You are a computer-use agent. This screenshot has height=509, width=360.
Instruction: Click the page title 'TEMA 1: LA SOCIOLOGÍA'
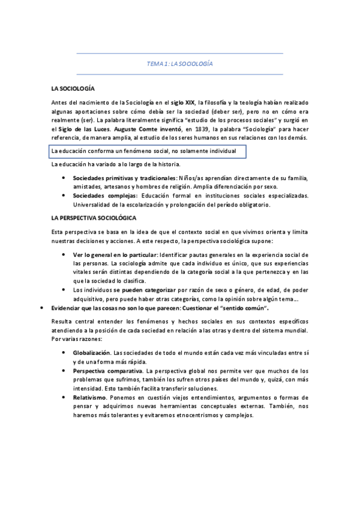[180, 64]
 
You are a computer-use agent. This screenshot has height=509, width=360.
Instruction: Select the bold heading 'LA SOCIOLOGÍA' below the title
[73, 88]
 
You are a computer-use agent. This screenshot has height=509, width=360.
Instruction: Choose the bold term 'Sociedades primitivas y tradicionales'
[124, 178]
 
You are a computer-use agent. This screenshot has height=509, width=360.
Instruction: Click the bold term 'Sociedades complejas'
[105, 196]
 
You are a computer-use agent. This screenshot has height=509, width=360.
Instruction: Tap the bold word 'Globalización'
[92, 352]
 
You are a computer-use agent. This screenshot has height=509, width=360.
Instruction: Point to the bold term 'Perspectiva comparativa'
[109, 370]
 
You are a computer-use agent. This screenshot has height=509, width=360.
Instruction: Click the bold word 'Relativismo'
[90, 397]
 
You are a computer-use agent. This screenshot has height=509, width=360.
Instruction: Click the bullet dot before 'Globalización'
[63, 352]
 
